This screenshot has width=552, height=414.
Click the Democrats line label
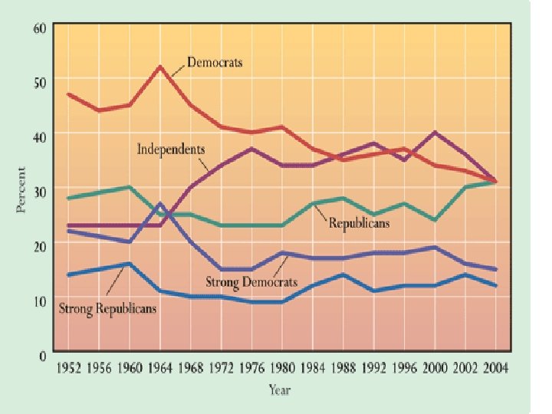pyautogui.click(x=215, y=62)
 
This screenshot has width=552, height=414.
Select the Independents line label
pyautogui.click(x=171, y=148)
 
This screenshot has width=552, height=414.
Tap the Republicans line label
pyautogui.click(x=360, y=223)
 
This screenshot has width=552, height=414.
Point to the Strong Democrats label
pyautogui.click(x=251, y=281)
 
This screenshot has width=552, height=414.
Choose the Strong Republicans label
pyautogui.click(x=108, y=308)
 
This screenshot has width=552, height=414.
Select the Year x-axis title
pyautogui.click(x=279, y=389)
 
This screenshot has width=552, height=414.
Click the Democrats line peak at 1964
pyautogui.click(x=159, y=67)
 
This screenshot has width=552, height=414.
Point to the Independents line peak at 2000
pyautogui.click(x=436, y=132)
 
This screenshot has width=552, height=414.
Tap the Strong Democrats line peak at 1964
pyautogui.click(x=159, y=203)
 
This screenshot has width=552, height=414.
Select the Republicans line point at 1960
pyautogui.click(x=129, y=187)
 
